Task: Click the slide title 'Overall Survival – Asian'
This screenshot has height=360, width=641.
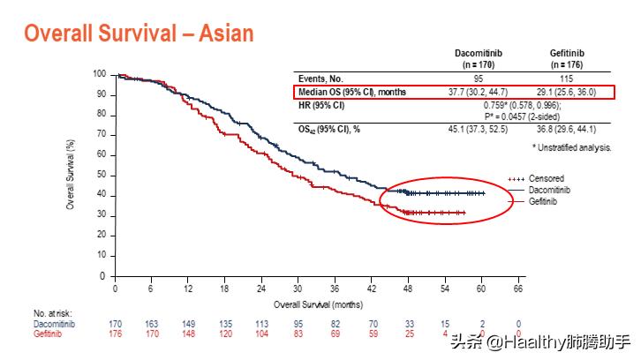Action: pyautogui.click(x=139, y=34)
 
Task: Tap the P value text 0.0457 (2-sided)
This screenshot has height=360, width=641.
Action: pyautogui.click(x=524, y=115)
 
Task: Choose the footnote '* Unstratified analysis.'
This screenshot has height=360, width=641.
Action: pyautogui.click(x=571, y=146)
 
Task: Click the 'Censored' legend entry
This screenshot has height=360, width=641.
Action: pyautogui.click(x=547, y=178)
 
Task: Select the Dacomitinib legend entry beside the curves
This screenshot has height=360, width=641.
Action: pyautogui.click(x=551, y=190)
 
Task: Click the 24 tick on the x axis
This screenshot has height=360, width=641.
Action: pyautogui.click(x=261, y=289)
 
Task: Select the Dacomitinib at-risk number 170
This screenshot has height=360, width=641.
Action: pyautogui.click(x=116, y=324)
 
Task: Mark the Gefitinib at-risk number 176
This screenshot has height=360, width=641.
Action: pyautogui.click(x=116, y=334)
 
